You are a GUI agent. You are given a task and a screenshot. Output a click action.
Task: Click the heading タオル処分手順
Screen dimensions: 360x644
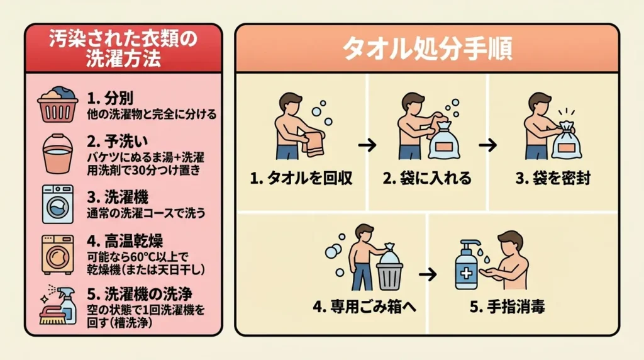[426, 49]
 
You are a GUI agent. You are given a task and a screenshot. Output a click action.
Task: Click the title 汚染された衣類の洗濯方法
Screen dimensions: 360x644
[123, 50]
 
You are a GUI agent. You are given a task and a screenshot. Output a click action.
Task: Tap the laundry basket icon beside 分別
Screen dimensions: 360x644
[57, 104]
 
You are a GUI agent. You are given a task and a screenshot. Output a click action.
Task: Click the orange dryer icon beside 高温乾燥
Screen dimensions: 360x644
[57, 254]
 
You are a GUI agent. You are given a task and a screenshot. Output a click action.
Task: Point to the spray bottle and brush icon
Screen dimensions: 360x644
[58, 305]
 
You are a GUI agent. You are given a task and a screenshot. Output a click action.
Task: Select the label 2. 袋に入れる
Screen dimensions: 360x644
[427, 178]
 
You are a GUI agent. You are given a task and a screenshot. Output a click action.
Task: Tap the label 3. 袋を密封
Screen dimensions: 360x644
[553, 178]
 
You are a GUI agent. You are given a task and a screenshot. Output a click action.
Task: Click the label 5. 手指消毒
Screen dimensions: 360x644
[507, 308]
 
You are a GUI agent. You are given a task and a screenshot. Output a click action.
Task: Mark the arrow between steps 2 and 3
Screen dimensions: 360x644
[488, 145]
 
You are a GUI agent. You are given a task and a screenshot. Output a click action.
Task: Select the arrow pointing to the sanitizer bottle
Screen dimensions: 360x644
[428, 274]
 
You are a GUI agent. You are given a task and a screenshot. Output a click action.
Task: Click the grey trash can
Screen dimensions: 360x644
[389, 273]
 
